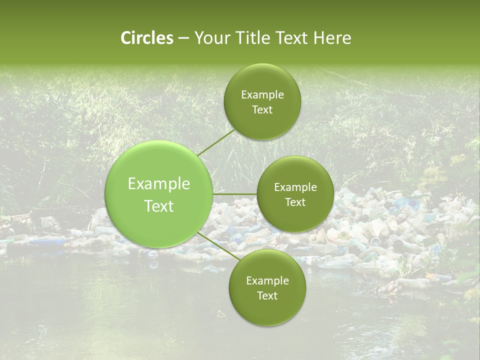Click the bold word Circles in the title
tap(146, 38)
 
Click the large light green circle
tap(159, 220)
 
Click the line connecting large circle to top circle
tap(216, 143)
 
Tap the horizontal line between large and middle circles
tap(235, 193)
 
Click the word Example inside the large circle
tap(159, 184)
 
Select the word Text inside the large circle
tap(159, 206)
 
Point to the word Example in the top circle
tap(262, 95)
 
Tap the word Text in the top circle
tap(262, 110)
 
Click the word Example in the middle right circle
tap(295, 187)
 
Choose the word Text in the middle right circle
tap(295, 202)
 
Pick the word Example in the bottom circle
tap(267, 280)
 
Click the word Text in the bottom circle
tap(267, 295)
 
